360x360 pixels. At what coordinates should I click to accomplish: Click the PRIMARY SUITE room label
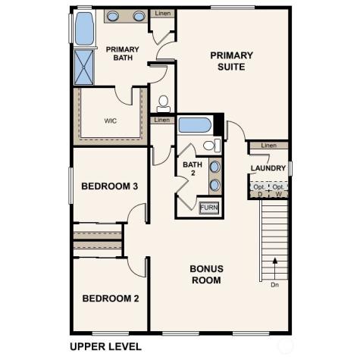click(232, 61)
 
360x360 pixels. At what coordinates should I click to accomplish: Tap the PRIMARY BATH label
click(122, 53)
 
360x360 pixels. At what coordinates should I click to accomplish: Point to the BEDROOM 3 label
click(109, 186)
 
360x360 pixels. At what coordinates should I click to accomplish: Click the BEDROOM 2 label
click(110, 299)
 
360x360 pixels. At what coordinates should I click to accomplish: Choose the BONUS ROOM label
click(205, 274)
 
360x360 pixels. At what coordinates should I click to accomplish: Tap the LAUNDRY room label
click(268, 168)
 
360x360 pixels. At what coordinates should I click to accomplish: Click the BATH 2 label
click(192, 169)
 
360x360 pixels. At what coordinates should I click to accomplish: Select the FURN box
click(208, 207)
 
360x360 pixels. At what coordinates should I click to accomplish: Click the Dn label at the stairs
click(274, 285)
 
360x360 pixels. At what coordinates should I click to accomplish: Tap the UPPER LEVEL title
click(105, 346)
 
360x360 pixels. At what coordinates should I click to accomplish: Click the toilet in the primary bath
click(163, 102)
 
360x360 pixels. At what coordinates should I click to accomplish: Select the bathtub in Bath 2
click(196, 125)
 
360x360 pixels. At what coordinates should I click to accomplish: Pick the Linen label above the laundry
click(268, 146)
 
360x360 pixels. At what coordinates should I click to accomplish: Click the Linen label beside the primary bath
click(163, 14)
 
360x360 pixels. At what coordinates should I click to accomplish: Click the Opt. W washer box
click(279, 189)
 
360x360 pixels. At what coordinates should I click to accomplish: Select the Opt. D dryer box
click(259, 189)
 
